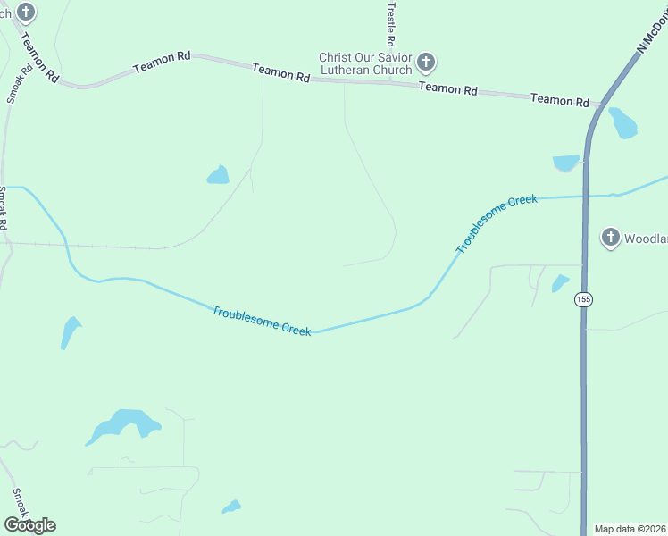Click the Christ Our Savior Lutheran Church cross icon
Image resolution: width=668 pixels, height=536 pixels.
[426, 63]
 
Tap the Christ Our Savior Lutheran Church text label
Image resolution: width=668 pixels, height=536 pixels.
[366, 63]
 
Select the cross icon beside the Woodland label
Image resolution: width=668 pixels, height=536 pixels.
[610, 238]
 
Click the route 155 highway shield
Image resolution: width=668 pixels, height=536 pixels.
[583, 298]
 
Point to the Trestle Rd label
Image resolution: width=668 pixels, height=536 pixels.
[390, 23]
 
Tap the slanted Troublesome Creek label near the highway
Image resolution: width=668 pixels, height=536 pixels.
[497, 223]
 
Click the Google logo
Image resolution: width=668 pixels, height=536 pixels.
[29, 525]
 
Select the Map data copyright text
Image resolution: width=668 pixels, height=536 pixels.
[629, 529]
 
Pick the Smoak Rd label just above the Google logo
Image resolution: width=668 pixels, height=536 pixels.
[20, 506]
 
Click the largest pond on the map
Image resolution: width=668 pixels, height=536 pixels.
[123, 425]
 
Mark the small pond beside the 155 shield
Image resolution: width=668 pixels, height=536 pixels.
[560, 283]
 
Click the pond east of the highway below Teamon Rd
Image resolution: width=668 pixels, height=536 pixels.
[622, 122]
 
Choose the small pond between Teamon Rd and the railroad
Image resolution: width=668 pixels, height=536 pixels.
[218, 174]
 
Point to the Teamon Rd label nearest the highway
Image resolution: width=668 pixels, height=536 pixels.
[560, 100]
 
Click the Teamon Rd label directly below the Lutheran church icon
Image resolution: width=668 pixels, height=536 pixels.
[447, 88]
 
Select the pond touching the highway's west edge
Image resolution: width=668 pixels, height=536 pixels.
[566, 163]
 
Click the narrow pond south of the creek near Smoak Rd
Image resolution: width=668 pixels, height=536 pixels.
[70, 333]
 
